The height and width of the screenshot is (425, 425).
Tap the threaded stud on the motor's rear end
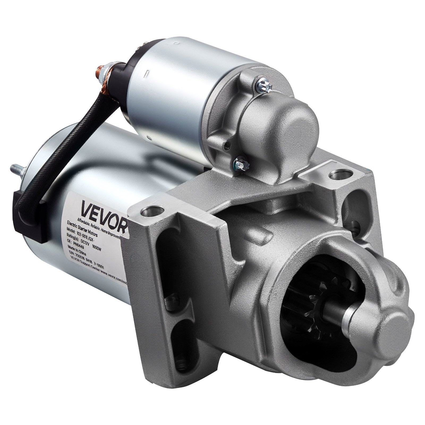point(16,168)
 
